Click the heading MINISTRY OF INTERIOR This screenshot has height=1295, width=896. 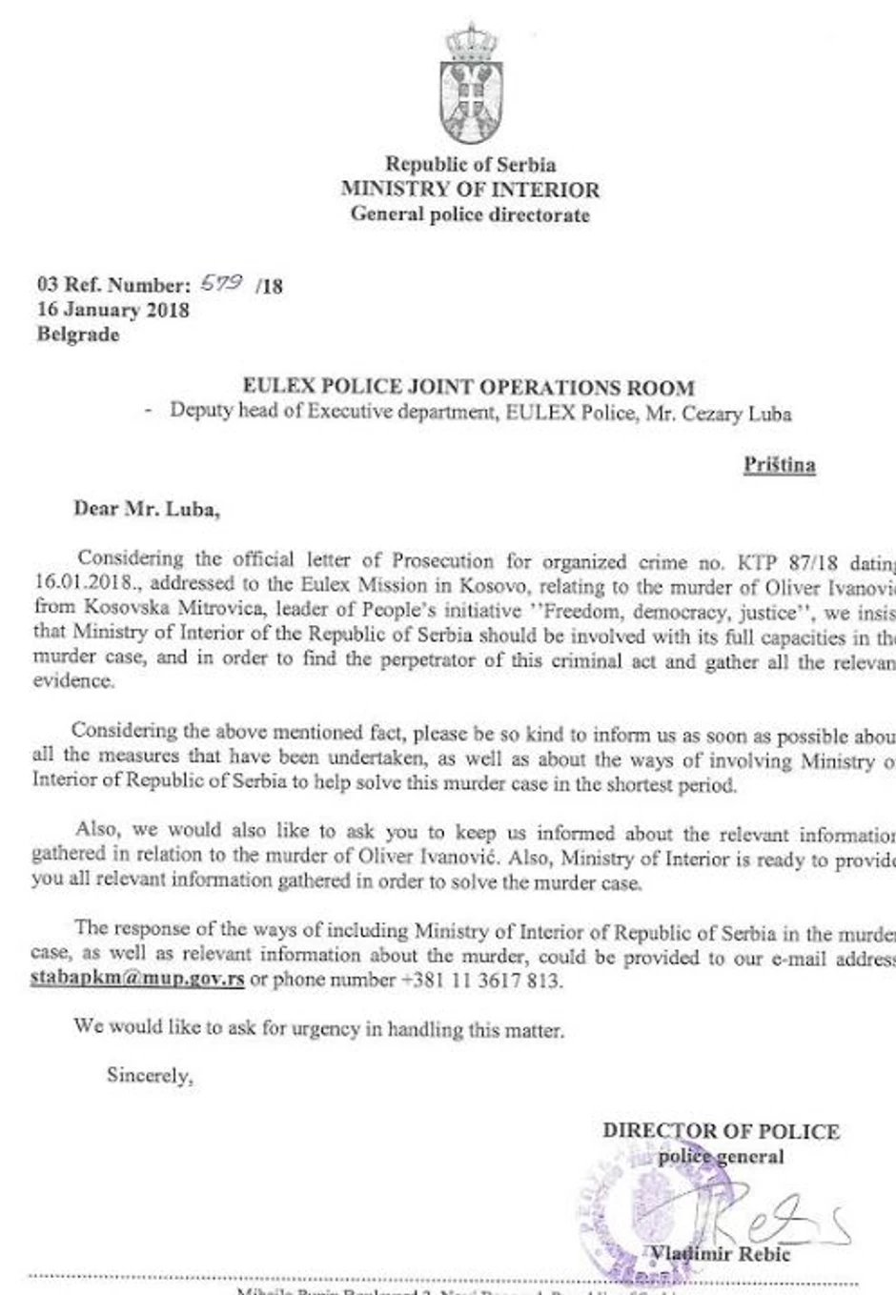[x=470, y=189]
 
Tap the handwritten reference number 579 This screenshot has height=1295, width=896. [x=222, y=283]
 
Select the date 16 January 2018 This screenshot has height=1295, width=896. [x=112, y=310]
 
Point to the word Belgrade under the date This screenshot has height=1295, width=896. [x=78, y=334]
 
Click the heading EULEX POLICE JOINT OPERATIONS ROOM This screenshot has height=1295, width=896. [x=468, y=387]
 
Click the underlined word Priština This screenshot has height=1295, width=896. [x=779, y=465]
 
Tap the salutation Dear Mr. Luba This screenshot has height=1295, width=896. [x=147, y=509]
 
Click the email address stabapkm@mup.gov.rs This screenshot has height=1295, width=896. [x=137, y=979]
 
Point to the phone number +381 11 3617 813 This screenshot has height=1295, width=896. [x=482, y=980]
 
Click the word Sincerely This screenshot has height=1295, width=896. [x=150, y=1075]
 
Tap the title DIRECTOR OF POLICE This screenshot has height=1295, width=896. [x=721, y=1131]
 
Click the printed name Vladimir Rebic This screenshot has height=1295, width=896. [x=721, y=1254]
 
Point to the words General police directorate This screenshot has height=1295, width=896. [x=470, y=213]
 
